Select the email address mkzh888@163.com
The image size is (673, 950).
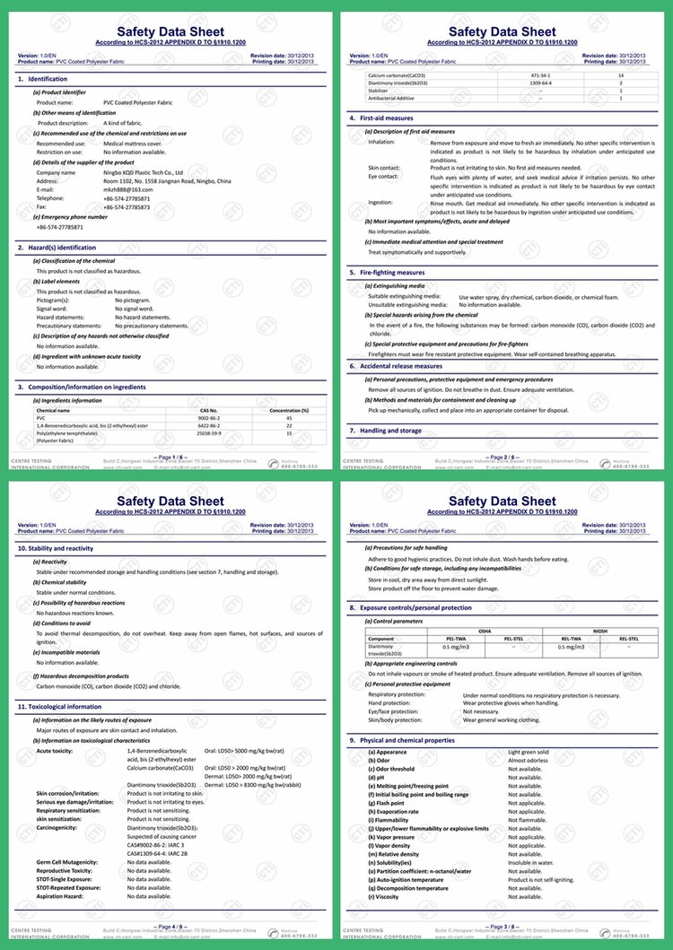[x=127, y=189]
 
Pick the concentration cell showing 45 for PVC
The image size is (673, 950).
[x=289, y=418]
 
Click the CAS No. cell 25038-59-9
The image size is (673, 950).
[x=209, y=433]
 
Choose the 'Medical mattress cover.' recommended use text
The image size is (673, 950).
[x=133, y=144]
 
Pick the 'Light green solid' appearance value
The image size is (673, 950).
[x=529, y=752]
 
